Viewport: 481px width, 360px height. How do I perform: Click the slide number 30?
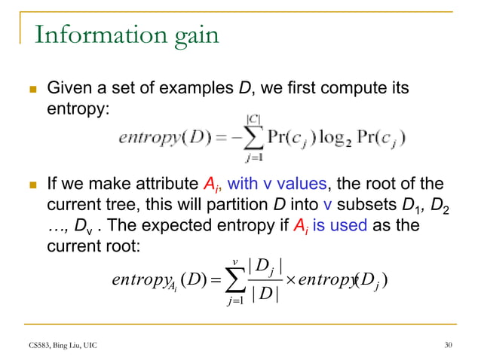449,345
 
